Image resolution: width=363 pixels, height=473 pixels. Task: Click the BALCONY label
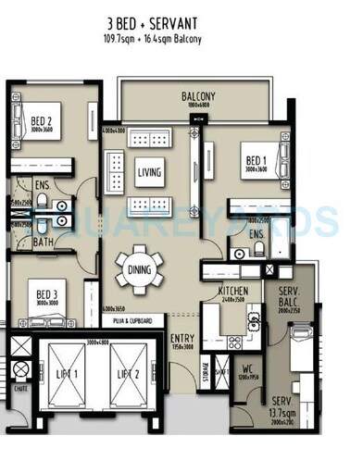point(198,96)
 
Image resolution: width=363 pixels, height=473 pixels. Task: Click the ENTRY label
point(181,339)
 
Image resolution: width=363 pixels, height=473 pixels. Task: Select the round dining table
point(140,269)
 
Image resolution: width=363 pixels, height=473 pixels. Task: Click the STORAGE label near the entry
point(204,370)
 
